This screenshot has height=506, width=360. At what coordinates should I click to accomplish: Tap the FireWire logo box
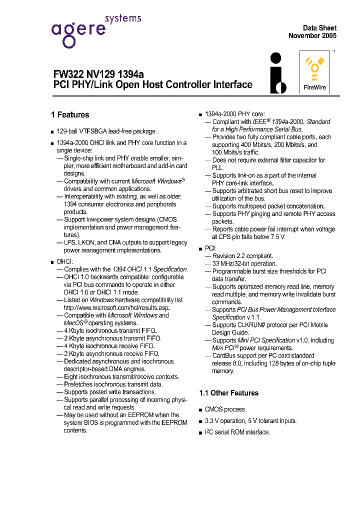pos(314,72)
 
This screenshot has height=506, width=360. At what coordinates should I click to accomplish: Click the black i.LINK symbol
pos(278,73)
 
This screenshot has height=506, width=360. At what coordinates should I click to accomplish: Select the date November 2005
pos(312,36)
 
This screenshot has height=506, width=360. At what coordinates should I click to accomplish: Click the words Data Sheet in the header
pos(319,28)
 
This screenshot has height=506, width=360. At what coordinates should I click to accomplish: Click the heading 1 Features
pos(70,115)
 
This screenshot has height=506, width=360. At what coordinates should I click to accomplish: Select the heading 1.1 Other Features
pos(228,393)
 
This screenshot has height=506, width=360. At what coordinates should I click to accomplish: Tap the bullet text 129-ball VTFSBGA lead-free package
pos(106,131)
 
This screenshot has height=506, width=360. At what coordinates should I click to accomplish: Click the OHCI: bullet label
pos(65,261)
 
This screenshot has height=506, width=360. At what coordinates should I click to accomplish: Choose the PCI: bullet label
pos(210,248)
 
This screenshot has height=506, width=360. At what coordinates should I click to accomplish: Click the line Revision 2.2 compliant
pos(242,256)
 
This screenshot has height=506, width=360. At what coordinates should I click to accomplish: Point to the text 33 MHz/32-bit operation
pos(244,263)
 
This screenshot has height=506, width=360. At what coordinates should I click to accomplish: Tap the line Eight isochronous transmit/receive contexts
pos(121,377)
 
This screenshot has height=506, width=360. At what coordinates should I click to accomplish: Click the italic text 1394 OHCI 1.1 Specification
pos(149,269)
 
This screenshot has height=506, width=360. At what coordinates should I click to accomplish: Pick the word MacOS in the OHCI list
pos(74,323)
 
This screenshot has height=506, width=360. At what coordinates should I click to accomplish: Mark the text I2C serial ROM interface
pos(237,432)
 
